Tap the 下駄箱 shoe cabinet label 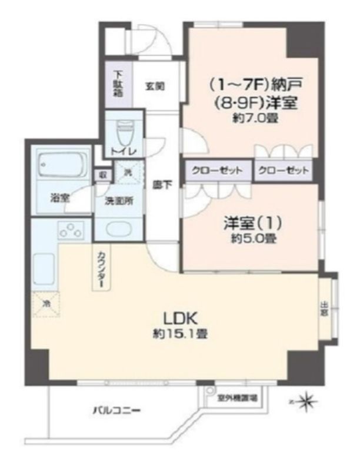118,84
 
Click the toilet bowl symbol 125,132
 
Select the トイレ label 124,151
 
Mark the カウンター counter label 101,268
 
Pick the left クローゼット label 216,171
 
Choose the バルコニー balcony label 115,410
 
